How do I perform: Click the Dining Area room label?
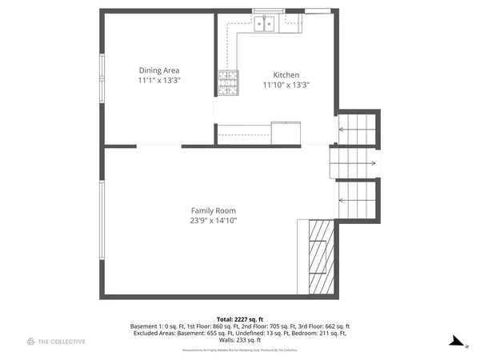coord(159,70)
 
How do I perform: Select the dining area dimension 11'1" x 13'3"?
coord(159,80)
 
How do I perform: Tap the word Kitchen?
coord(286,74)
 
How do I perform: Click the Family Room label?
coord(213,210)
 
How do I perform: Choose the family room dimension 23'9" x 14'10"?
coord(213,220)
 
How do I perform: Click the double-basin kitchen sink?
coord(265,23)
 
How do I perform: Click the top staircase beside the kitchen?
coord(356,128)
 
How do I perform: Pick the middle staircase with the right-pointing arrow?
coord(353,162)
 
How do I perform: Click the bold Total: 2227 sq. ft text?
coord(239,318)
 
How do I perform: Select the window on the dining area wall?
coord(102,78)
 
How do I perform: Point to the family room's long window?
coord(102,220)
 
